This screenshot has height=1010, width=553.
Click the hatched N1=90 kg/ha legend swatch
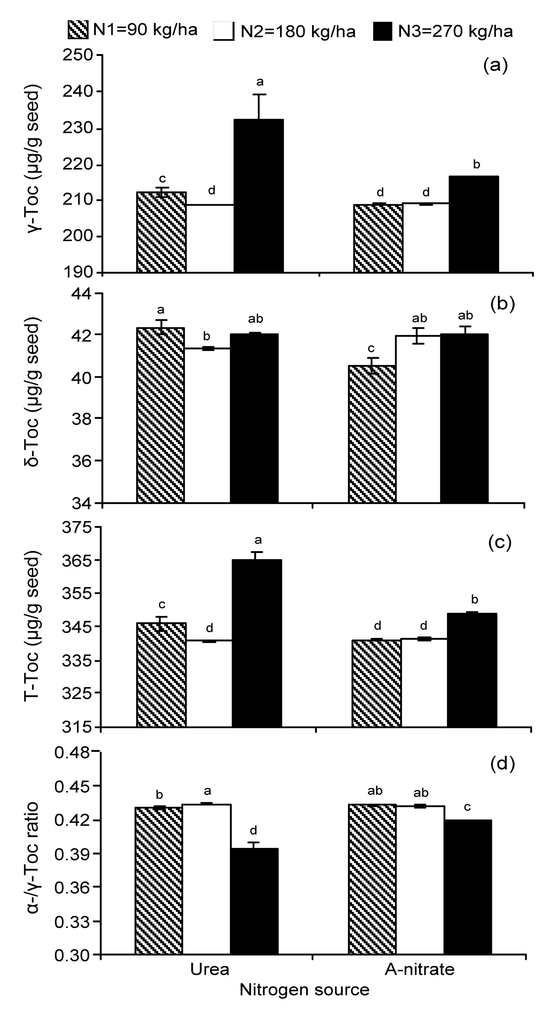(78, 30)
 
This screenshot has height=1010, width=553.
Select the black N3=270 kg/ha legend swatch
(382, 31)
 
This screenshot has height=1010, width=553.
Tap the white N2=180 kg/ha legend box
(224, 31)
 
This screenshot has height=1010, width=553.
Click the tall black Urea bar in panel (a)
(259, 196)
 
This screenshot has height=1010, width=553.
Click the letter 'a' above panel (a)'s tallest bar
(259, 82)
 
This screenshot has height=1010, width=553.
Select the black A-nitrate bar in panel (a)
(474, 224)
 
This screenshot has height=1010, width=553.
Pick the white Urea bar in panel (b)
(207, 425)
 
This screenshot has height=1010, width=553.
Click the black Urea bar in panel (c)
(257, 643)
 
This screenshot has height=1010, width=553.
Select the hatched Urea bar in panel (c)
(161, 675)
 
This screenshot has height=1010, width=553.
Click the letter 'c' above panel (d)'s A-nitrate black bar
(467, 807)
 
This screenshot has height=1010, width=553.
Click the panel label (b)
(502, 304)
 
